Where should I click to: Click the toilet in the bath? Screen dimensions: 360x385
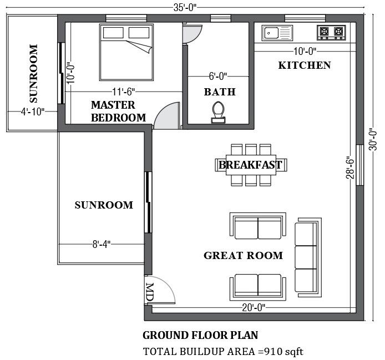(x=219, y=111)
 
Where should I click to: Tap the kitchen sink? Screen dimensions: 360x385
(x=276, y=33)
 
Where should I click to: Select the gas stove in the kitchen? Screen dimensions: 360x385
(x=330, y=33)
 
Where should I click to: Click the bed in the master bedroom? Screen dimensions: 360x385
(x=126, y=51)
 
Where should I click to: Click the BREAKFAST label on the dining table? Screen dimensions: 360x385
(x=250, y=165)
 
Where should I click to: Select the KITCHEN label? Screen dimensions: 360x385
(x=304, y=65)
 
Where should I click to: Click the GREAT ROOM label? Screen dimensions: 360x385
(x=243, y=256)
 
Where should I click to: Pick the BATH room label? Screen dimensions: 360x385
(x=220, y=92)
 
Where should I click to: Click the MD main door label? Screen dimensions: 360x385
(x=150, y=292)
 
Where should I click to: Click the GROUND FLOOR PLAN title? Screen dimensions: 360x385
(x=200, y=335)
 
